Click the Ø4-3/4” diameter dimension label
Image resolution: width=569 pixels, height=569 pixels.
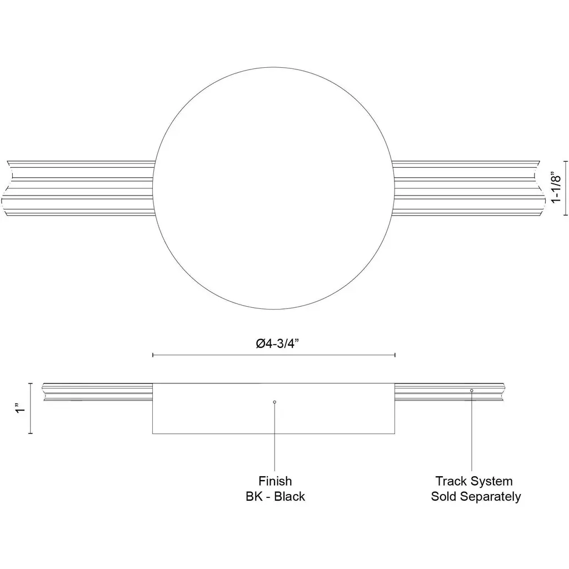tap(277, 343)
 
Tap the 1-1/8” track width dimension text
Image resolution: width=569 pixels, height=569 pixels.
tap(556, 188)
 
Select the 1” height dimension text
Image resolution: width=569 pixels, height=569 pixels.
tap(21, 408)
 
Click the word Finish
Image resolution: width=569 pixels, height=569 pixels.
tap(275, 481)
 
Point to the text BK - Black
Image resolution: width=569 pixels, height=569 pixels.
tap(275, 496)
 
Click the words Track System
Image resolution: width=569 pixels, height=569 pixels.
tap(474, 481)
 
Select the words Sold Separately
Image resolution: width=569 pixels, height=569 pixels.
tap(476, 496)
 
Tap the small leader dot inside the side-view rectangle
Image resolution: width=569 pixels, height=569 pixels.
tap(274, 402)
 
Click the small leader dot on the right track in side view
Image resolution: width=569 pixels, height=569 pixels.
tap(472, 391)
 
